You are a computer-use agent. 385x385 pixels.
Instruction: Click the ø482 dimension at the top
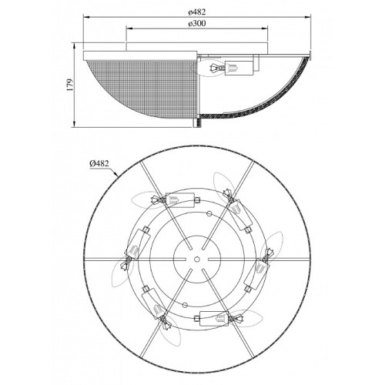pos(197,12)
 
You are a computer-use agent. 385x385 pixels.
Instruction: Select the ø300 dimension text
pos(197,23)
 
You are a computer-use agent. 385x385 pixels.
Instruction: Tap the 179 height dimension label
pos(70,85)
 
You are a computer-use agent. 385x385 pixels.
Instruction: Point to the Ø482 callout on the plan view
pos(99,163)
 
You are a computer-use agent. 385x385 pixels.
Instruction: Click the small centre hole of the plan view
pos(197,259)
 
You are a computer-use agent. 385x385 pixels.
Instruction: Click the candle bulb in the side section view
pos(208,68)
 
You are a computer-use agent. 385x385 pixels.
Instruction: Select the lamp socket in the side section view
pos(239,68)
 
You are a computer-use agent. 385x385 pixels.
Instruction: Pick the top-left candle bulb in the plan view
pos(145,199)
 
